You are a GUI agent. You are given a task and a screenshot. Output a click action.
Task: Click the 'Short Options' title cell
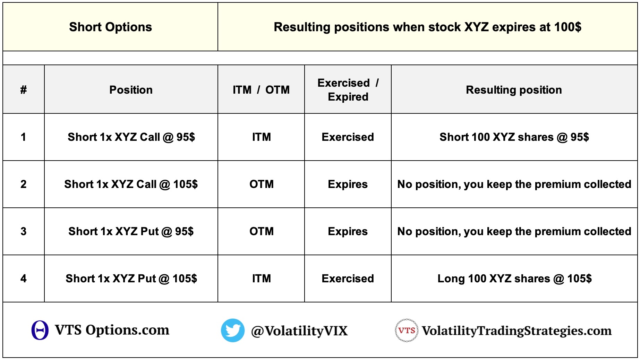110,27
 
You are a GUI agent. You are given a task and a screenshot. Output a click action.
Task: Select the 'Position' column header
131,89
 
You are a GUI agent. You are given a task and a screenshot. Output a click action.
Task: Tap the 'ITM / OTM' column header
261,89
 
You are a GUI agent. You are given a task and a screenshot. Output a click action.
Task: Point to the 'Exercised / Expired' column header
348,89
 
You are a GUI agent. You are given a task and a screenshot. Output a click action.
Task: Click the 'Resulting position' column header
514,89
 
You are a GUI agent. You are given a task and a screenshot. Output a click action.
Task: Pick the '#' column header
24,89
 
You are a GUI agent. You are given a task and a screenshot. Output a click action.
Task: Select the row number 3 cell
24,231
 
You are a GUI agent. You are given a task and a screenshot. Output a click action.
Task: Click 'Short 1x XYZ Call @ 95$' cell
131,137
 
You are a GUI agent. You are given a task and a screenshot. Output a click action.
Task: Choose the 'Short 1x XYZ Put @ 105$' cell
131,278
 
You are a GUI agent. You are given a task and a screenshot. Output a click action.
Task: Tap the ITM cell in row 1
261,137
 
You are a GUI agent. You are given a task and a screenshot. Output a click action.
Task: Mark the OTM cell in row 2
261,184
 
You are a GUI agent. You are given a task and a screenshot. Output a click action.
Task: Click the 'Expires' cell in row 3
348,231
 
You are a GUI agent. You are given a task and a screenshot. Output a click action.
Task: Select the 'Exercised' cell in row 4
348,278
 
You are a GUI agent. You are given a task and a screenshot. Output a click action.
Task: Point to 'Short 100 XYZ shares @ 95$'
514,137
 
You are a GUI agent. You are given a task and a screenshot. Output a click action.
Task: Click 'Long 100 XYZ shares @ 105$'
514,278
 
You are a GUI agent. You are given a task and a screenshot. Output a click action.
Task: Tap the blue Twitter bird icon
233,331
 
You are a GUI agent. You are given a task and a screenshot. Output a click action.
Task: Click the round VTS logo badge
407,331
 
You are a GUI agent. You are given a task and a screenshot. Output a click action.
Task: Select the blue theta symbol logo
40,330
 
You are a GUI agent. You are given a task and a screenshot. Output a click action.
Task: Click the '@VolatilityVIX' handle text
299,331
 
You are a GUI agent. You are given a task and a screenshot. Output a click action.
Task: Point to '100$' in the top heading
568,27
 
